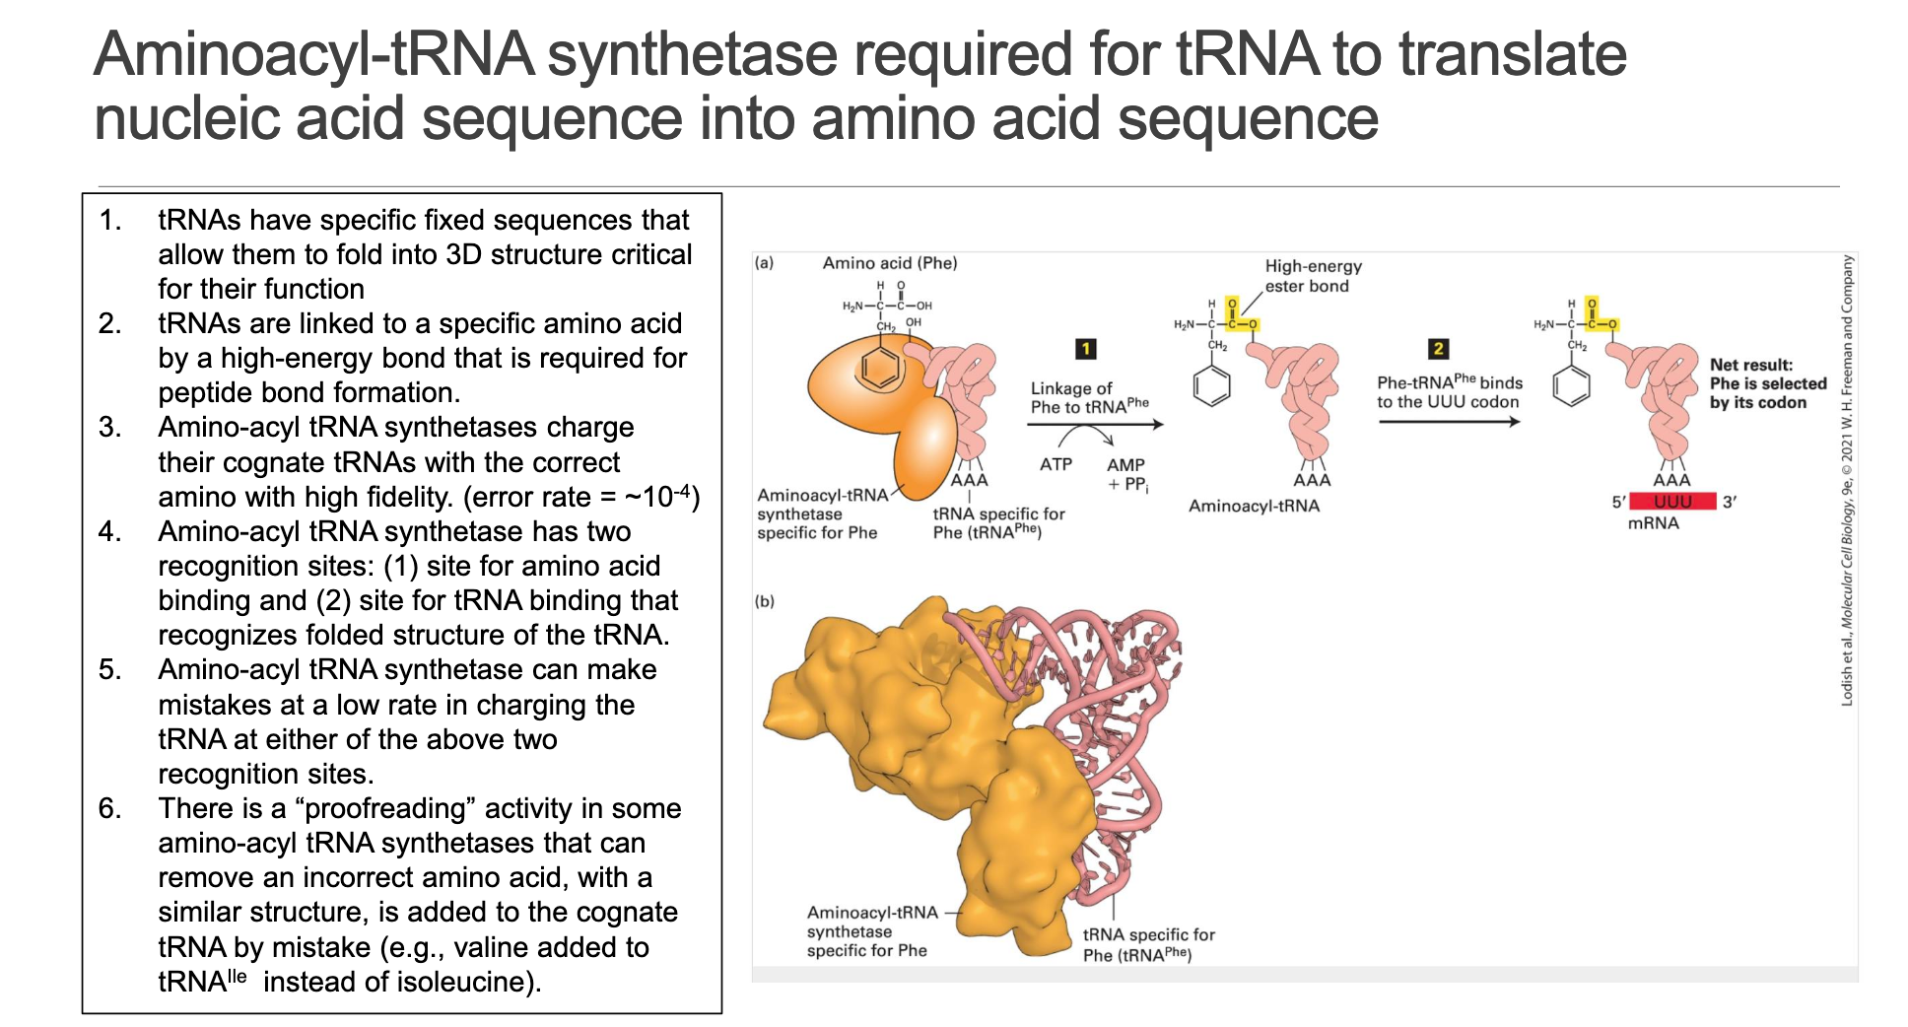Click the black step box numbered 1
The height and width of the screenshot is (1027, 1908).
point(1085,349)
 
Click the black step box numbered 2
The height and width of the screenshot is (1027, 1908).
point(1438,349)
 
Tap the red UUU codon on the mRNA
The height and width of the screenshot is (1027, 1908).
point(1672,502)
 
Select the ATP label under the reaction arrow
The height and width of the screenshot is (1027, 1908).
point(1056,464)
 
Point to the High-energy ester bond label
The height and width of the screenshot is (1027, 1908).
point(1313,276)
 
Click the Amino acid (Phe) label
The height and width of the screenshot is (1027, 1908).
point(889,263)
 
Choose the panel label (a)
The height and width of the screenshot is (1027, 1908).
point(764,263)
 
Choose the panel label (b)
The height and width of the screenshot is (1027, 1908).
point(764,601)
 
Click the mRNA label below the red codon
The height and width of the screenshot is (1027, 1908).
point(1653,523)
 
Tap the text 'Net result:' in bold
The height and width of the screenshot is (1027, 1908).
point(1750,365)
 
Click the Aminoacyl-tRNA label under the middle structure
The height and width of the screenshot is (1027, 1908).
point(1254,506)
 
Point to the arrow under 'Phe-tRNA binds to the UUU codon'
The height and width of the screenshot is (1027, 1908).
point(1449,422)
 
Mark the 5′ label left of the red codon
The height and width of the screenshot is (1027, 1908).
point(1618,503)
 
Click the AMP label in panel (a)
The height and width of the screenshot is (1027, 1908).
point(1125,464)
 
